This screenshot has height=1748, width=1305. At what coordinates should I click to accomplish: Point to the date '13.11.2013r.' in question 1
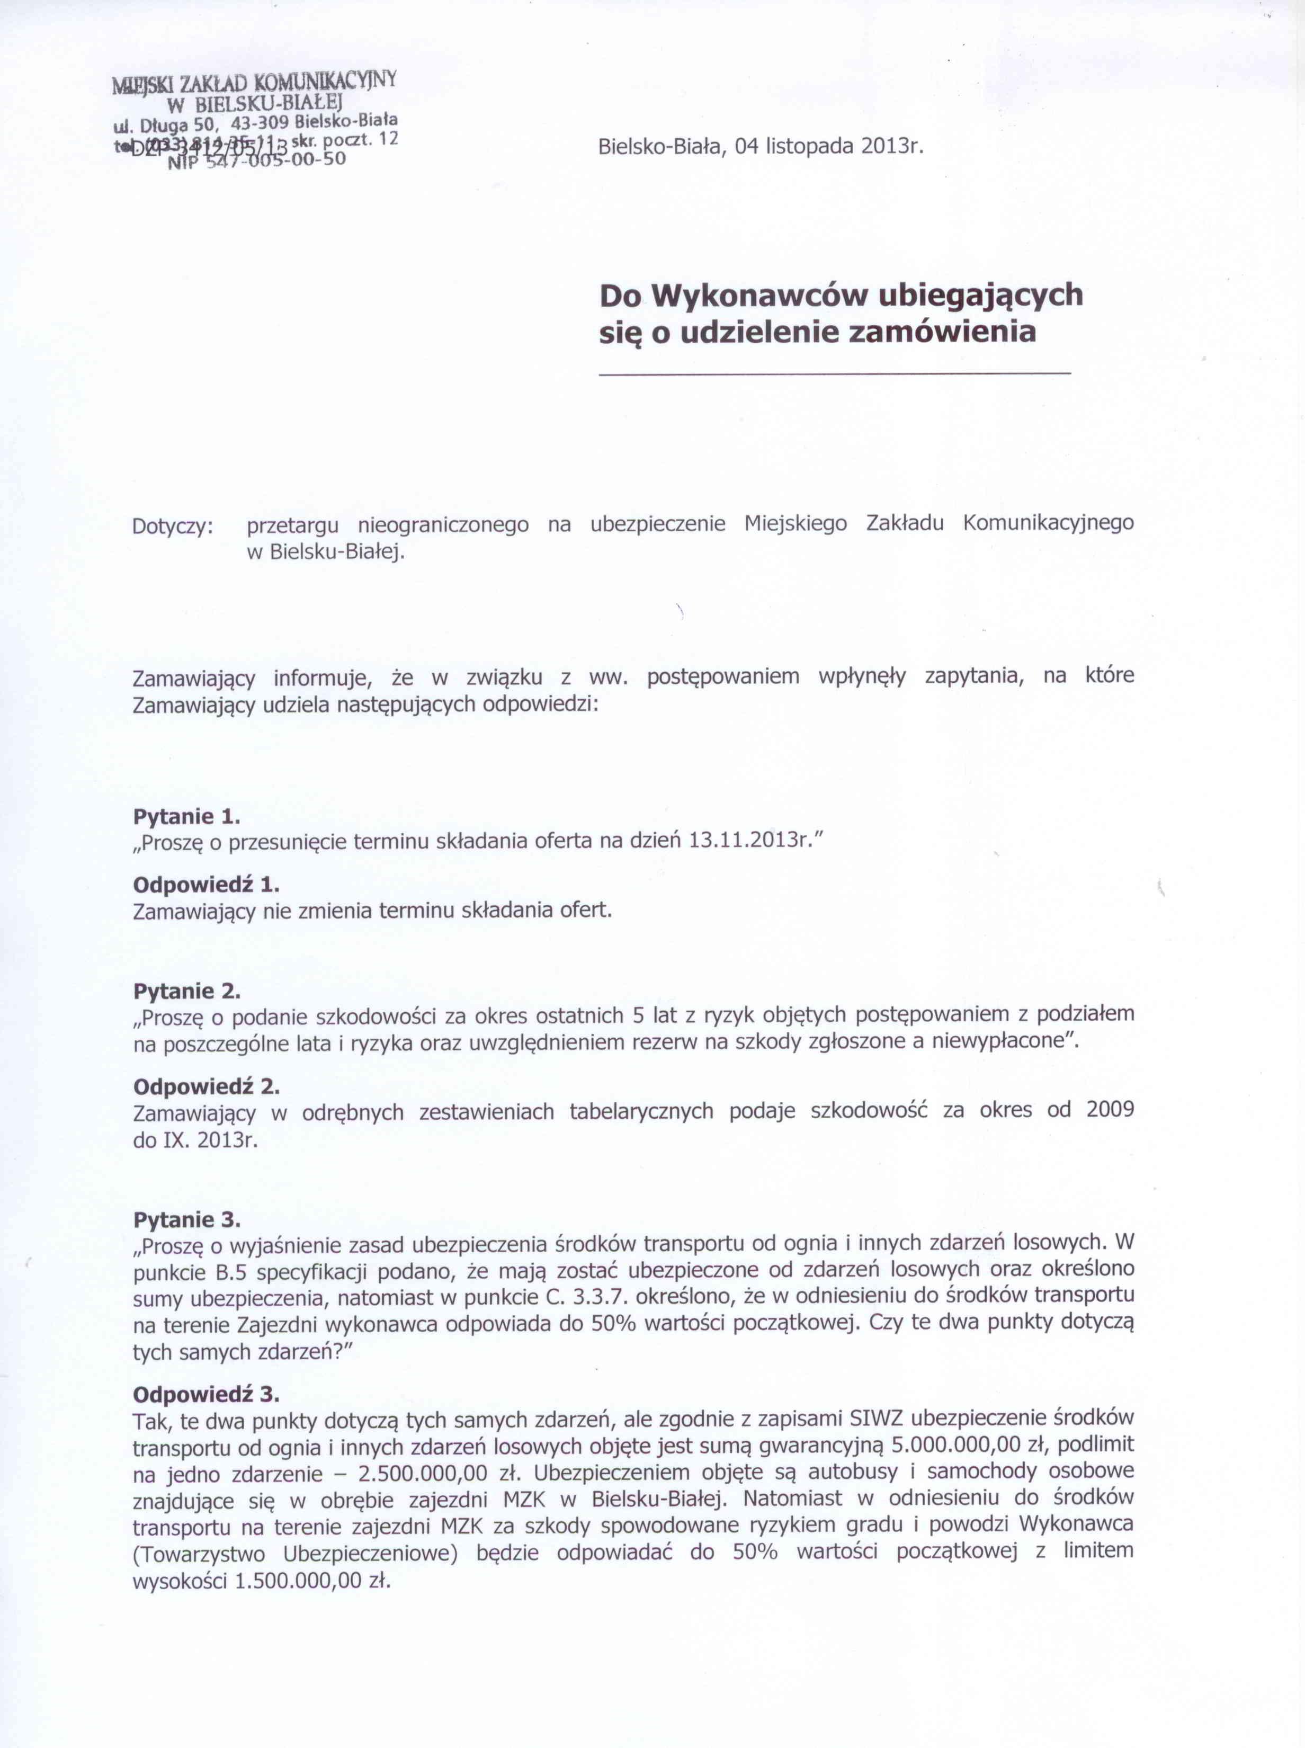coord(749,841)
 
